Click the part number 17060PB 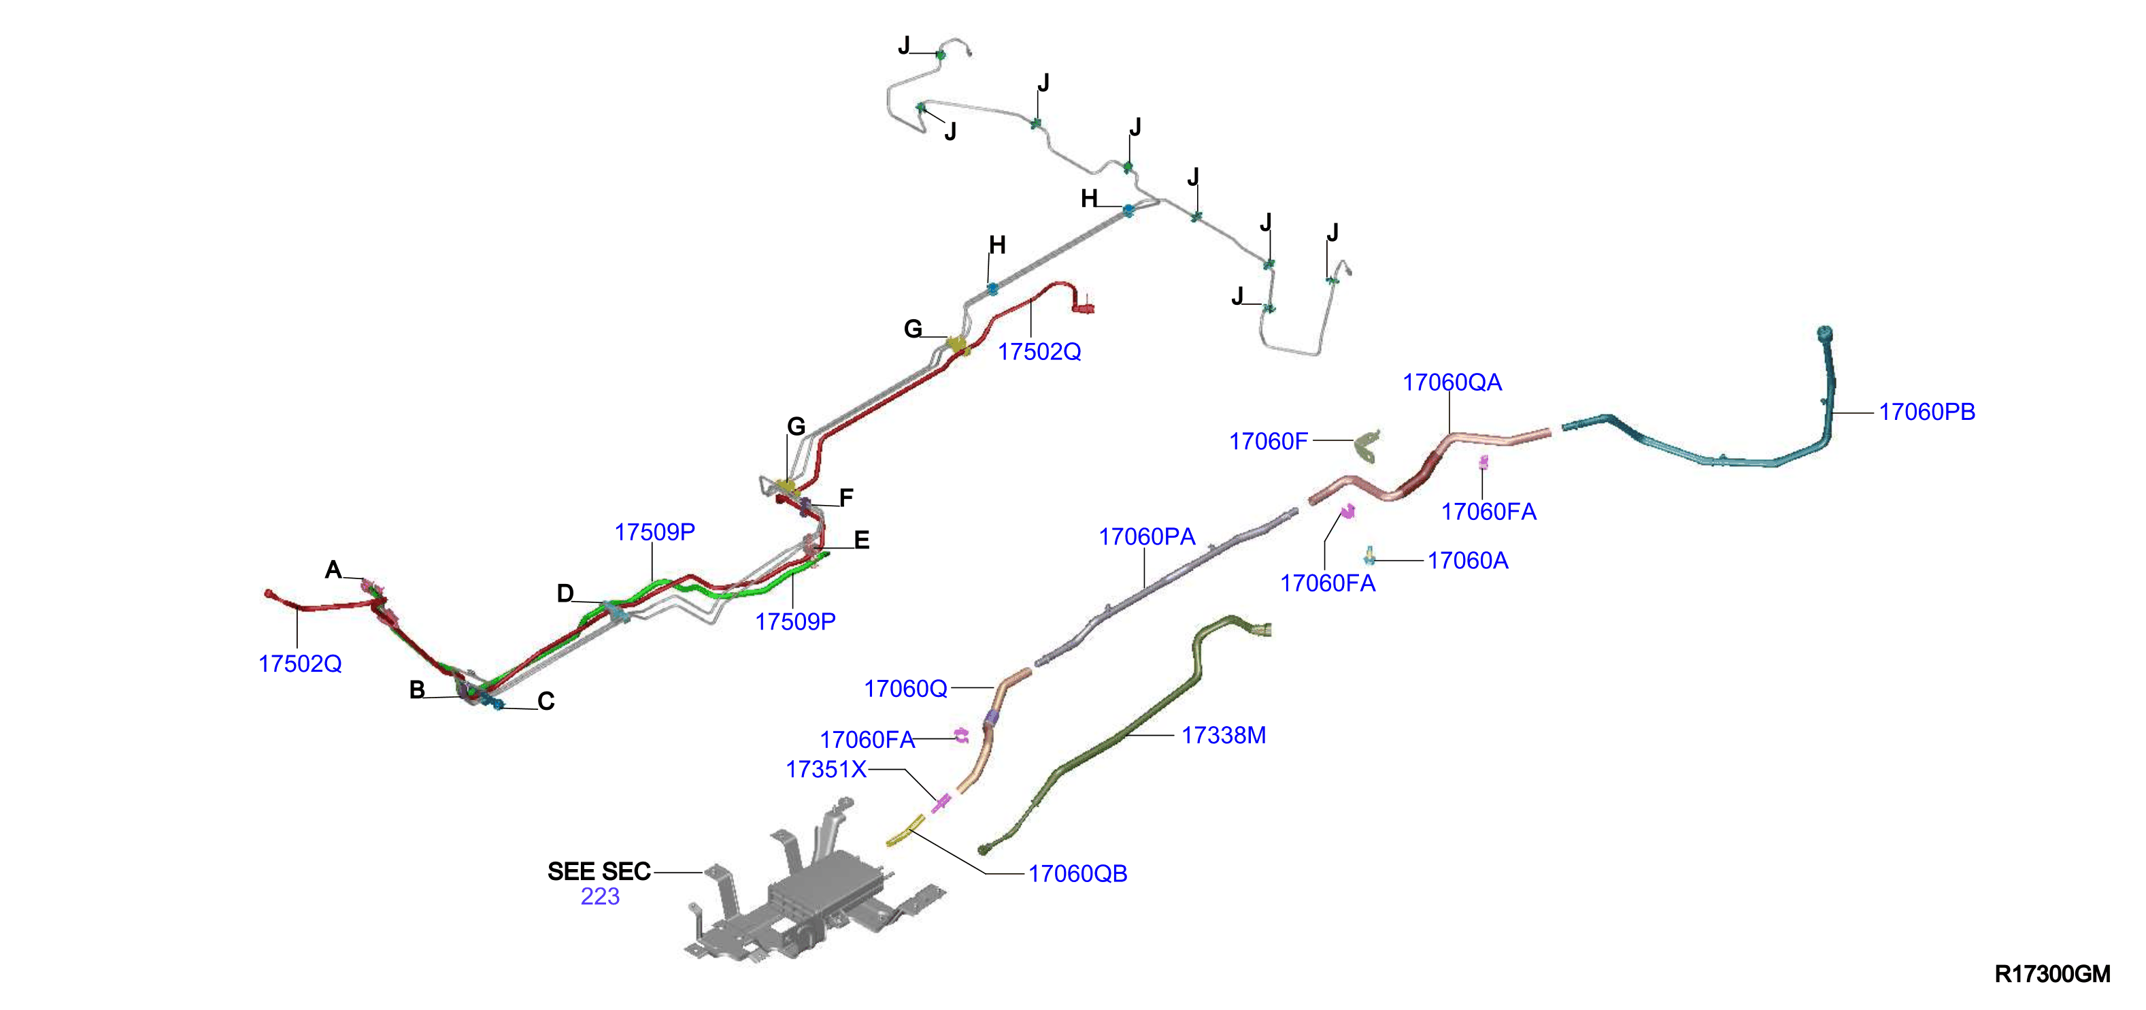coord(1926,412)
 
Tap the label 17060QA coord(1452,382)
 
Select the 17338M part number coord(1224,735)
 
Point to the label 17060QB coord(1077,873)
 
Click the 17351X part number coord(826,769)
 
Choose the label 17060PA coord(1147,537)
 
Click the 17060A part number coord(1468,560)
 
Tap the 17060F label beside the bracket coord(1269,441)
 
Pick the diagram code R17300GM coord(2052,973)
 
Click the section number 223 coord(600,896)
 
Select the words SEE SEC coord(599,872)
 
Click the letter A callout coord(333,570)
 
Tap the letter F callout coord(846,498)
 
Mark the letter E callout coord(861,540)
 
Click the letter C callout coord(546,702)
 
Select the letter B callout coord(418,690)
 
